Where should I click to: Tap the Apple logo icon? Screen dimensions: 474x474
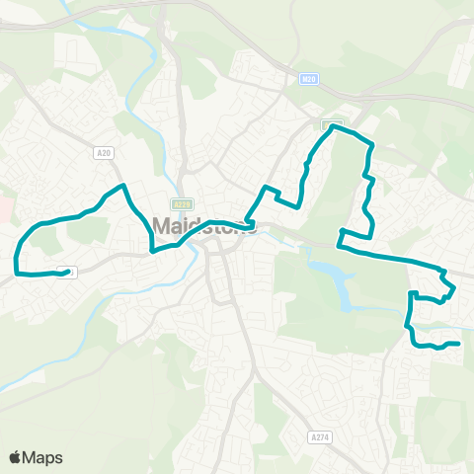pos(16,457)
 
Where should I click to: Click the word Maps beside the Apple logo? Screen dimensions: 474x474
pos(43,457)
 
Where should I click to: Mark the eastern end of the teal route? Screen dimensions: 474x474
pos(459,344)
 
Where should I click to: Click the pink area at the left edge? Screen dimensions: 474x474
pos(5,208)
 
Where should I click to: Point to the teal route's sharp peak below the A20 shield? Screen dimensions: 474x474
pos(121,186)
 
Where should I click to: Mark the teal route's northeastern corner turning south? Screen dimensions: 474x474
pos(371,146)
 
